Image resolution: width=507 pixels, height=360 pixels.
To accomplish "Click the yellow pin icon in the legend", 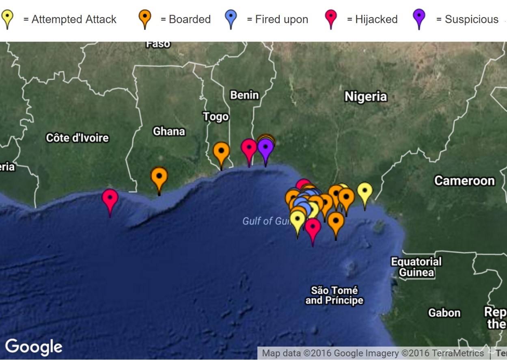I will click(x=8, y=18).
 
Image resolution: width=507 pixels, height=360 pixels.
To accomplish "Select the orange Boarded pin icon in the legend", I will click(x=145, y=18).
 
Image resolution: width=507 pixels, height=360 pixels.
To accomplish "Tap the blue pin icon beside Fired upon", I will click(x=231, y=18).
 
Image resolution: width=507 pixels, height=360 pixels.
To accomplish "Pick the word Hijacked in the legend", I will click(x=376, y=20).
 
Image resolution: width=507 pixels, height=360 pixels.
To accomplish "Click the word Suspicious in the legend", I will click(x=471, y=20).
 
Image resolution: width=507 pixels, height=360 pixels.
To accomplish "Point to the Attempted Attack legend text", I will click(x=74, y=20).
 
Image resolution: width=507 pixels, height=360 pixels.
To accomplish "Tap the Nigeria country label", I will click(x=365, y=97).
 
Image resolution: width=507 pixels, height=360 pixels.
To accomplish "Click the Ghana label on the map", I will click(x=169, y=131).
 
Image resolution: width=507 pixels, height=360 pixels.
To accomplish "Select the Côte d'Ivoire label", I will click(x=77, y=138).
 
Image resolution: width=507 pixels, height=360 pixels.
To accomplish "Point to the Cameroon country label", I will click(x=464, y=180).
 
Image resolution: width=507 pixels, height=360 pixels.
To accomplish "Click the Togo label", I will click(x=216, y=117).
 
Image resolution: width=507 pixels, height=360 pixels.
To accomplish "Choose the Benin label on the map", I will click(x=244, y=95).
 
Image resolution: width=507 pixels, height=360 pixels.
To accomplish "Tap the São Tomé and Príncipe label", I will click(x=334, y=295).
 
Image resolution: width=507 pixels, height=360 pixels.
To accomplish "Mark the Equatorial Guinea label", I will click(x=416, y=267).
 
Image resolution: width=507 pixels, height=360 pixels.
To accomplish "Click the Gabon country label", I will click(x=444, y=313).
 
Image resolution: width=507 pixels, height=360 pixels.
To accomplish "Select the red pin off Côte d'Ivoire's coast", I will click(x=110, y=199).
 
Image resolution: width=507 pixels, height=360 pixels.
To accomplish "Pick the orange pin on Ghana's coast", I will click(x=159, y=177).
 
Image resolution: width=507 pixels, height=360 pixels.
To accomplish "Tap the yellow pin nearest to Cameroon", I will click(x=365, y=192).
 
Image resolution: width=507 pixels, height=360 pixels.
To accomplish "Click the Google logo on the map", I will click(x=34, y=347).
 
